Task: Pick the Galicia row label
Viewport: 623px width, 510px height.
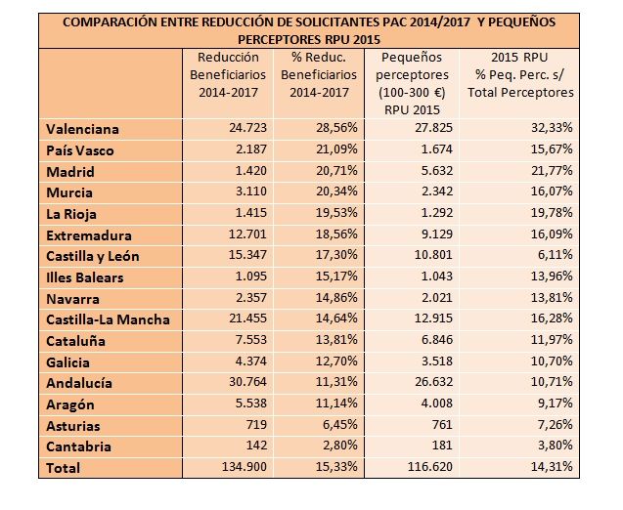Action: click(68, 362)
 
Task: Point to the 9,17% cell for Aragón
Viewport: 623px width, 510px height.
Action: click(553, 404)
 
